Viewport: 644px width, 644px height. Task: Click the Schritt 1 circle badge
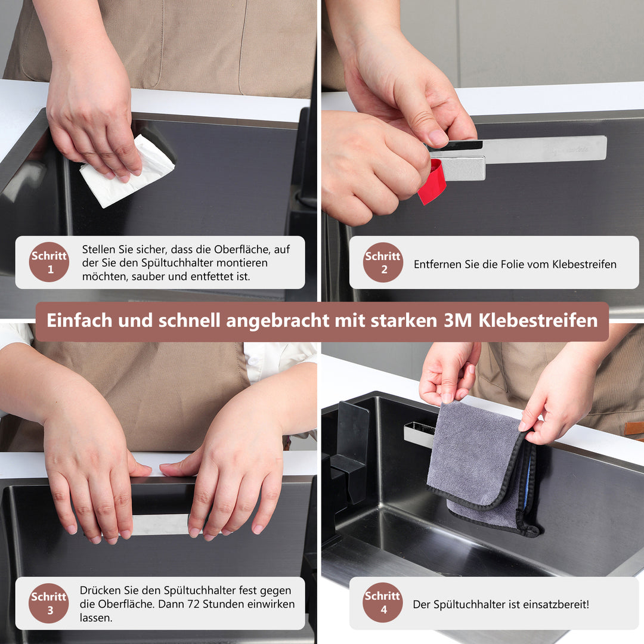(x=49, y=262)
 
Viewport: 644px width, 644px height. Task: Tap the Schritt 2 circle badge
(x=383, y=262)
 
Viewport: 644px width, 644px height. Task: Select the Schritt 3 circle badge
(x=49, y=603)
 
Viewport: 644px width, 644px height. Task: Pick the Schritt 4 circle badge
(x=383, y=602)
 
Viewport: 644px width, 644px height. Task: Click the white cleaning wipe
(x=126, y=173)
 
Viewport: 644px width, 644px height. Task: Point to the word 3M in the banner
(x=458, y=321)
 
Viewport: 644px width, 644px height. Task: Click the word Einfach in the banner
(x=79, y=321)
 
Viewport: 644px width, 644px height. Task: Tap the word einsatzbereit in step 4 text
(x=555, y=604)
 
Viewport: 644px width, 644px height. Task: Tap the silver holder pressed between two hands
(x=160, y=524)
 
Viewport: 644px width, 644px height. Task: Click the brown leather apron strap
(x=633, y=428)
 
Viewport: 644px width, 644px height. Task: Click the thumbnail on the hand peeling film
(x=438, y=138)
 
